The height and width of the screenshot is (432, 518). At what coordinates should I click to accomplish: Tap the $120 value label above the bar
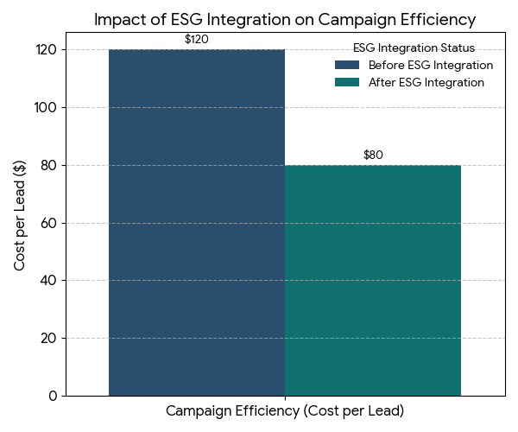click(197, 40)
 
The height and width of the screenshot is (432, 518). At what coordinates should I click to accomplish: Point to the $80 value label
click(373, 156)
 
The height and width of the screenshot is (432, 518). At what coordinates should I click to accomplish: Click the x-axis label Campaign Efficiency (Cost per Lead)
click(285, 410)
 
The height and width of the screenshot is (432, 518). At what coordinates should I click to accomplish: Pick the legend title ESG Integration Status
click(414, 48)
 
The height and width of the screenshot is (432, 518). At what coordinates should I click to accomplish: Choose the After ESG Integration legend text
click(426, 83)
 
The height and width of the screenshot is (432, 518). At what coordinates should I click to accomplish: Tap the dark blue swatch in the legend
click(347, 66)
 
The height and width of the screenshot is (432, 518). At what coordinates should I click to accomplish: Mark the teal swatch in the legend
click(347, 83)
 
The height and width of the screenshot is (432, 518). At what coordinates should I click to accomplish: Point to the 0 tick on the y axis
click(53, 396)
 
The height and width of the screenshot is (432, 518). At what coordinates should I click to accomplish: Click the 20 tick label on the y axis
click(49, 338)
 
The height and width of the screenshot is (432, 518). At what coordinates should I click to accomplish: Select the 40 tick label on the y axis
click(49, 280)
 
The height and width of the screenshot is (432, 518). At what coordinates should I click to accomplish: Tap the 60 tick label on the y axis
click(49, 223)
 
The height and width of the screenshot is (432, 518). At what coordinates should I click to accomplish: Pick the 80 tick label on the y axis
click(49, 165)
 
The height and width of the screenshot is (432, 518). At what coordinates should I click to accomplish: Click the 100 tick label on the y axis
click(46, 107)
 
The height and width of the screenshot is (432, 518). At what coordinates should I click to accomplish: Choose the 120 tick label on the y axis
click(46, 50)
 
